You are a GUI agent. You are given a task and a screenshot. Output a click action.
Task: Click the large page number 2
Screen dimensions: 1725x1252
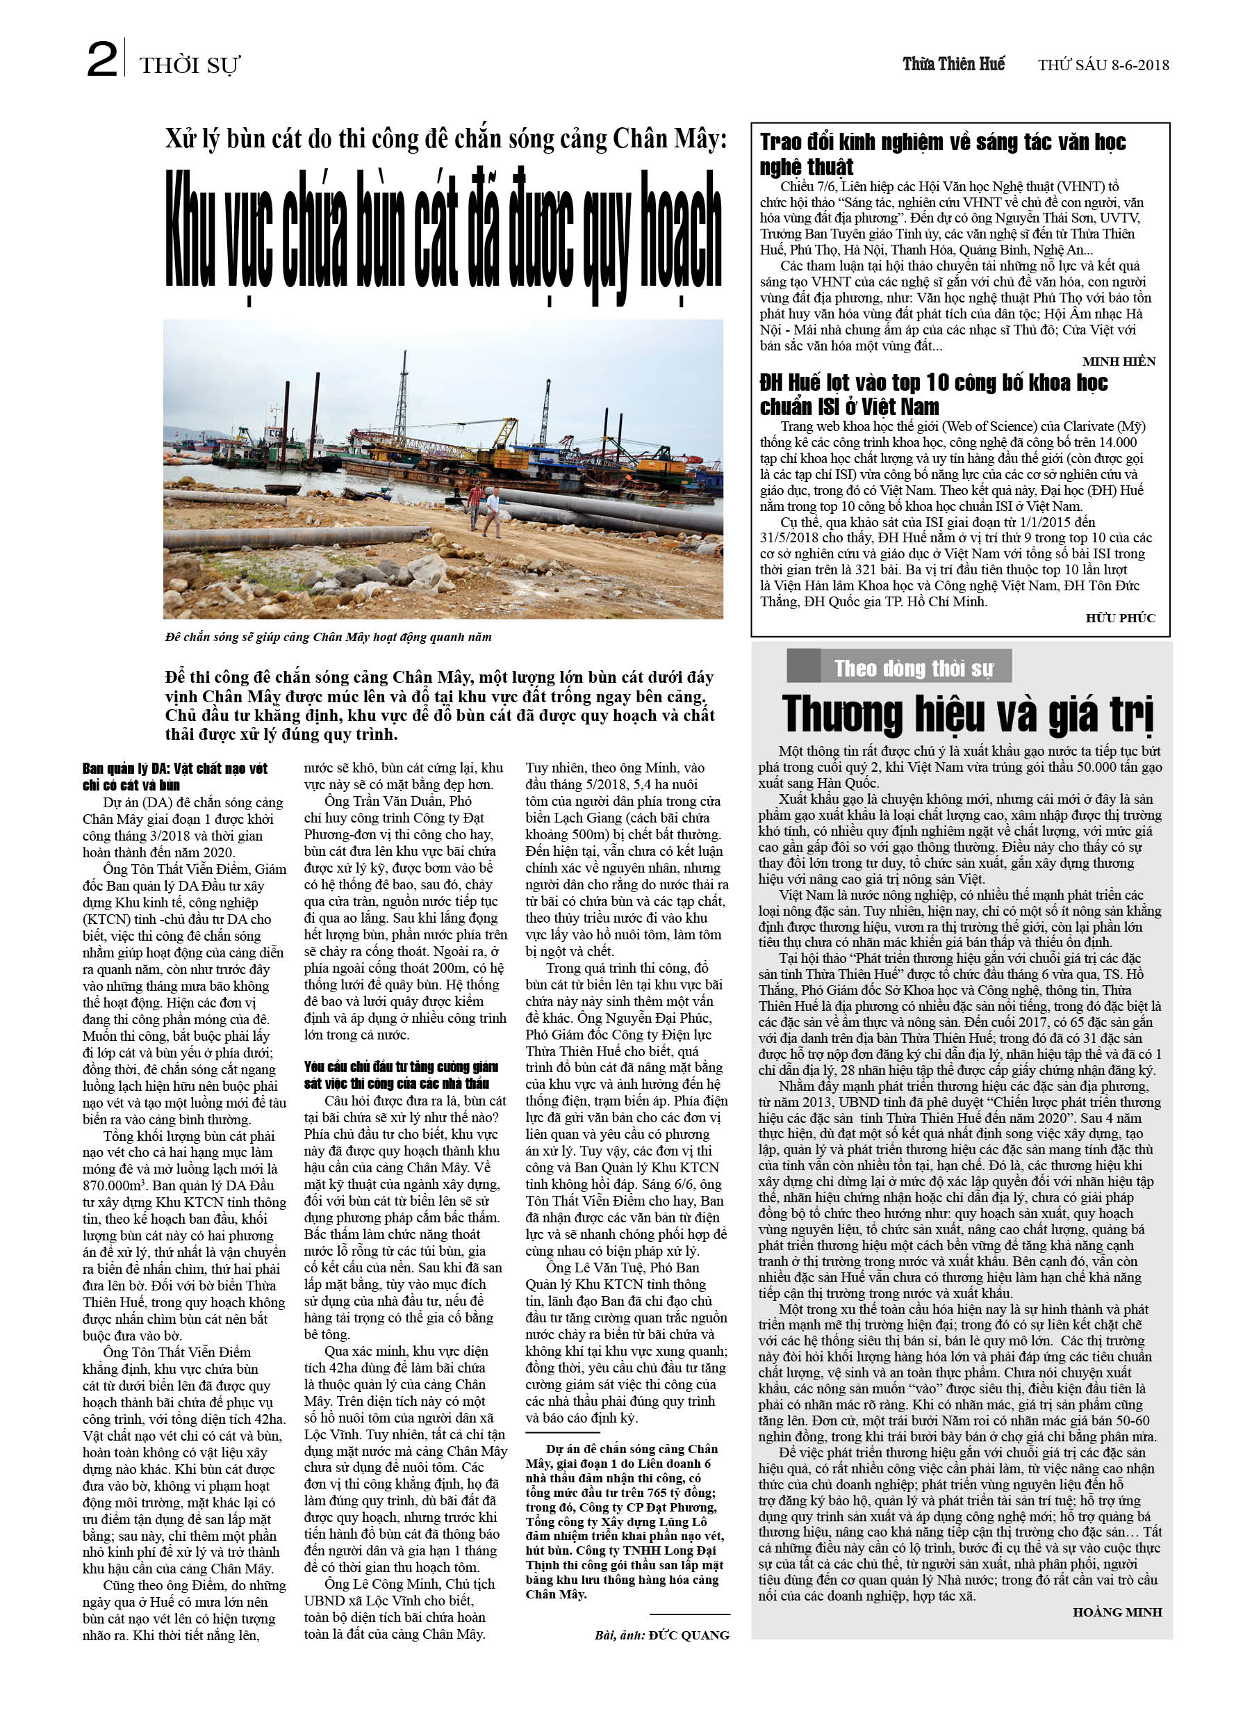(103, 60)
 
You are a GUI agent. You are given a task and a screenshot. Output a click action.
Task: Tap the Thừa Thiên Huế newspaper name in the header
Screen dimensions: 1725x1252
(953, 65)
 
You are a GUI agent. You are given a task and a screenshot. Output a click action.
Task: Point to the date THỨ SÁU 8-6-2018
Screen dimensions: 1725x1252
(1103, 65)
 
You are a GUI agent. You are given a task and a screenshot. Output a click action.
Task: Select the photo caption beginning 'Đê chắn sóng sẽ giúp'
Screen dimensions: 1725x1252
(328, 638)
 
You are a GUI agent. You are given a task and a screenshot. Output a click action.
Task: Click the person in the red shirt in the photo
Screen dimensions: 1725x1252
(475, 505)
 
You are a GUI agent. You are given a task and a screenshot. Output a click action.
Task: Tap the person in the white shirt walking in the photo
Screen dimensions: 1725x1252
(493, 512)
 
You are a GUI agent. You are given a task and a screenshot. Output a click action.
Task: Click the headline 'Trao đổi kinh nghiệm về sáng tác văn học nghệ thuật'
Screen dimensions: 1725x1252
(942, 154)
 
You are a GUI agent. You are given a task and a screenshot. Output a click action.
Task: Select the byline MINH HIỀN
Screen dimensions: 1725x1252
(1118, 362)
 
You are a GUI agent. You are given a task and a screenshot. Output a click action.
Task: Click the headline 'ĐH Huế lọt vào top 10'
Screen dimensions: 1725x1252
(934, 394)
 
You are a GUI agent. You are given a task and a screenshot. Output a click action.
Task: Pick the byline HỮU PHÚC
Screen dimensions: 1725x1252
(1120, 617)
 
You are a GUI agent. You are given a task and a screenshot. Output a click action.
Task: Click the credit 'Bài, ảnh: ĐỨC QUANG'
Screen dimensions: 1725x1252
(661, 1635)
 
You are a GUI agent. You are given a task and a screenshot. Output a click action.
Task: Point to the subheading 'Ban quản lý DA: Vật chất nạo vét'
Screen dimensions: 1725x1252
(175, 777)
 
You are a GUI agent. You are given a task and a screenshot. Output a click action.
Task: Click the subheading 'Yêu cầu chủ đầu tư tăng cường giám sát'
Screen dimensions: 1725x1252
(402, 1075)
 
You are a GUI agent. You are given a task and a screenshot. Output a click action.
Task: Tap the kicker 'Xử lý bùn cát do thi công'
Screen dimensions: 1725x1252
(445, 140)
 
